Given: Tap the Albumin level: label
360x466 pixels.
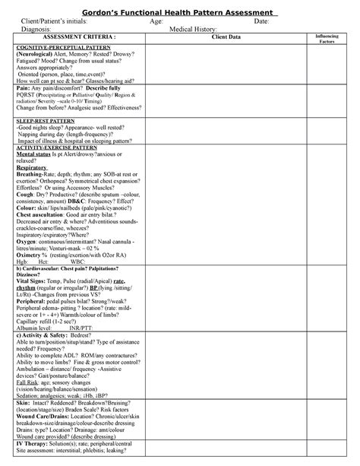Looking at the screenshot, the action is [x=36, y=328].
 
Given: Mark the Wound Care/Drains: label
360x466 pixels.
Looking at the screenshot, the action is [x=44, y=416].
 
